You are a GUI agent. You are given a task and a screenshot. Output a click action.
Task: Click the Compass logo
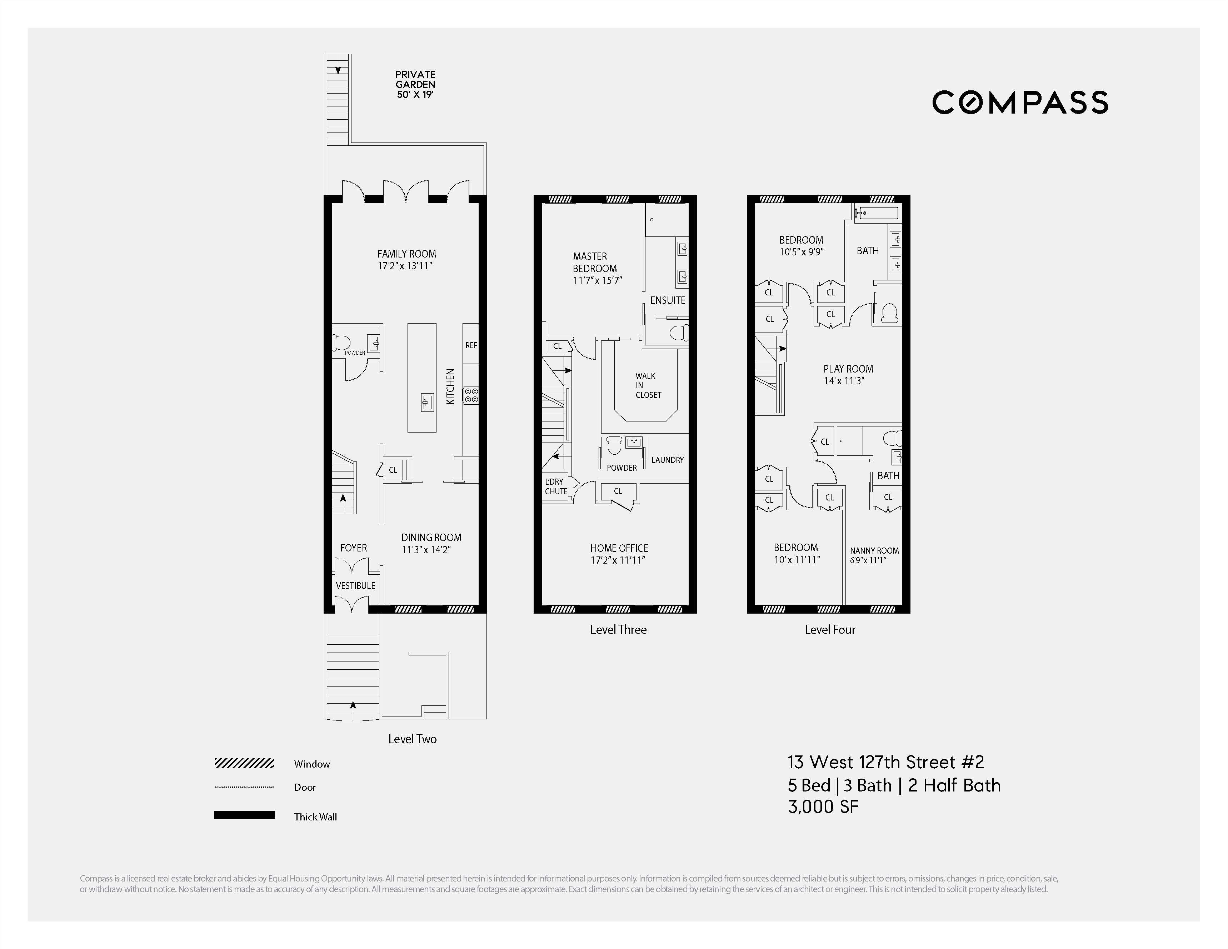click(x=1019, y=102)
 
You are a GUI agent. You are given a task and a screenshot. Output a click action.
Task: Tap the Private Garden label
click(x=415, y=79)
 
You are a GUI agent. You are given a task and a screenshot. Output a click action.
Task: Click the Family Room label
click(x=406, y=254)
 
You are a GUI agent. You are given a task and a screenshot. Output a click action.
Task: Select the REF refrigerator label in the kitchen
click(x=471, y=345)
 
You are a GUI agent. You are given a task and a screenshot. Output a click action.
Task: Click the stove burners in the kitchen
click(x=471, y=395)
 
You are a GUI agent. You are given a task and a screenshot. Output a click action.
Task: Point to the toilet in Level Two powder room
click(x=341, y=342)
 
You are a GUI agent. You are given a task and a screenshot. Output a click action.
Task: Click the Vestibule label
click(x=355, y=585)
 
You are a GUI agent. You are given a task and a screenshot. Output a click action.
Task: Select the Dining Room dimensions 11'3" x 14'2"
click(x=426, y=550)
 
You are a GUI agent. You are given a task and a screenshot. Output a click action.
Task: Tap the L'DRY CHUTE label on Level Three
click(x=555, y=486)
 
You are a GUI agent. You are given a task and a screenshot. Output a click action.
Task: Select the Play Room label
click(x=848, y=369)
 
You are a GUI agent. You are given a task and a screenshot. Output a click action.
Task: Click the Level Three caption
click(x=618, y=630)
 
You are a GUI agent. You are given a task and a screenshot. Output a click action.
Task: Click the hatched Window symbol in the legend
click(x=244, y=763)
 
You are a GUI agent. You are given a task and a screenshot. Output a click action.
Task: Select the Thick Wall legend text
click(x=315, y=817)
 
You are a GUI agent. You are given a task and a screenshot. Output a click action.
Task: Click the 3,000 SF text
click(x=823, y=807)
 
